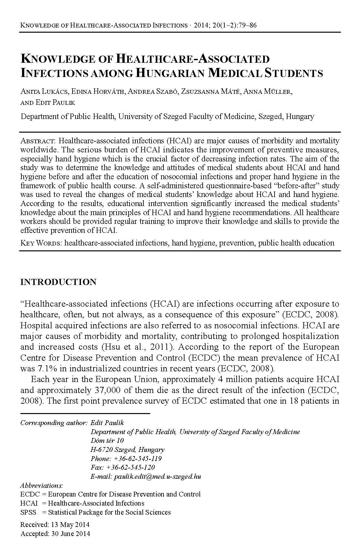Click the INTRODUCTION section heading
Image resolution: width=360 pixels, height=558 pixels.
[x=58, y=282]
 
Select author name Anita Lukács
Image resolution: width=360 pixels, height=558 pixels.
[x=44, y=92]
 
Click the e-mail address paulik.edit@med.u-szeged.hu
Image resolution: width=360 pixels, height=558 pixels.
[x=157, y=476]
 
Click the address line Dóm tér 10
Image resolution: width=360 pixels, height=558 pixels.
[x=107, y=440]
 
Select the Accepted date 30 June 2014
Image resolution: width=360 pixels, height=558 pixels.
[x=71, y=533]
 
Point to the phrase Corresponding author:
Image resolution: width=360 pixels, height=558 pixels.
[x=54, y=422]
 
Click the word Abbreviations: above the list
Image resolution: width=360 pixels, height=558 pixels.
[x=41, y=486]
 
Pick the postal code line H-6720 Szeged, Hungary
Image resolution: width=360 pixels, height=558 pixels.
[x=128, y=449]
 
